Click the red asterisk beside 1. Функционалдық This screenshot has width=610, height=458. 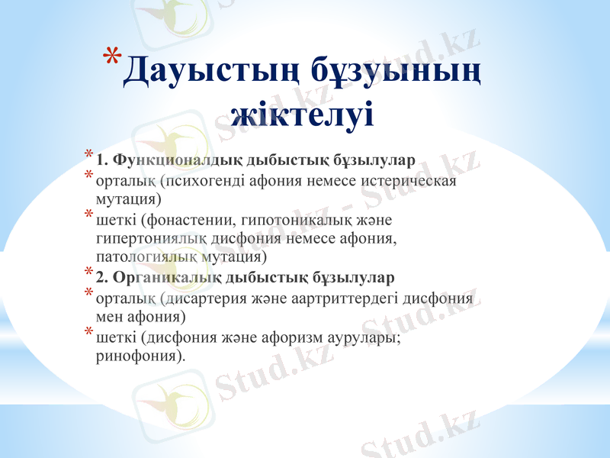pyautogui.click(x=88, y=156)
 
